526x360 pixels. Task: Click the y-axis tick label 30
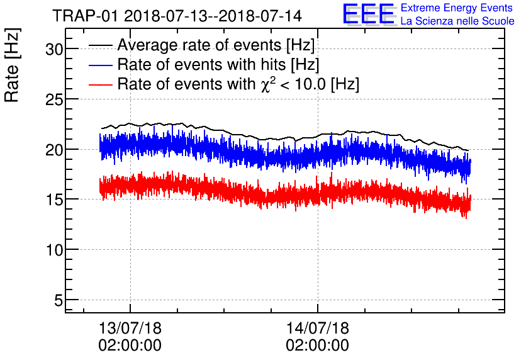click(x=54, y=50)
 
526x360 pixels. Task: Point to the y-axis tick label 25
click(x=54, y=99)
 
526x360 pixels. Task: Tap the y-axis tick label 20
click(x=54, y=150)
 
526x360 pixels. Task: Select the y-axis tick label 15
click(x=54, y=200)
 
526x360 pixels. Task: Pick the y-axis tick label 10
click(x=54, y=250)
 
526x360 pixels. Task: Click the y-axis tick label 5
click(x=59, y=300)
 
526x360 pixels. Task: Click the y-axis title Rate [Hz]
click(x=12, y=65)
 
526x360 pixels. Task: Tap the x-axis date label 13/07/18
click(x=130, y=328)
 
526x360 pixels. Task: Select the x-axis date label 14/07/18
click(x=317, y=328)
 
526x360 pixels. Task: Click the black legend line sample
click(x=100, y=46)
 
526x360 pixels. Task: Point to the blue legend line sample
click(x=100, y=65)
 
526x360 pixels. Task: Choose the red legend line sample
click(x=100, y=85)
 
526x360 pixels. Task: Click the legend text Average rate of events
click(x=199, y=45)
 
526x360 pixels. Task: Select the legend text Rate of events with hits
click(x=201, y=64)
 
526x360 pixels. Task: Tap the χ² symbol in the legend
click(x=269, y=84)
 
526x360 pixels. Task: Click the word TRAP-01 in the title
click(x=85, y=16)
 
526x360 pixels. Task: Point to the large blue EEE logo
click(x=368, y=14)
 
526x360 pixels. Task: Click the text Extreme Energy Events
click(x=457, y=8)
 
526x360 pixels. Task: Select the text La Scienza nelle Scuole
click(x=457, y=21)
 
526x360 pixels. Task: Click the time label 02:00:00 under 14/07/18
click(x=317, y=346)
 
